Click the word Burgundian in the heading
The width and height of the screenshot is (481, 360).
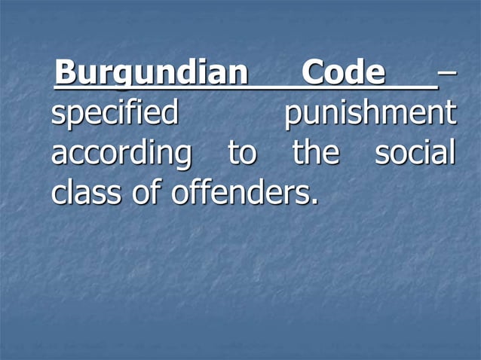pos(151,74)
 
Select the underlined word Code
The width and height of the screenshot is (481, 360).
pos(343,73)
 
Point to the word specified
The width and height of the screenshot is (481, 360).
pos(115,114)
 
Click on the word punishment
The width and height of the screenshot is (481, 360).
pos(370,114)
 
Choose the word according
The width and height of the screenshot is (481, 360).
pos(121,154)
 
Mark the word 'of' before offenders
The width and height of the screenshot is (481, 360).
pos(150,193)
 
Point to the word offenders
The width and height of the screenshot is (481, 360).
pos(239,193)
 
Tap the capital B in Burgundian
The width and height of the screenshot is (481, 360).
pos(66,73)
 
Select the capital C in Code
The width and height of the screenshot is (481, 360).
pos(313,73)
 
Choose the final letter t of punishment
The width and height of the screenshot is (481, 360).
pos(452,114)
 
